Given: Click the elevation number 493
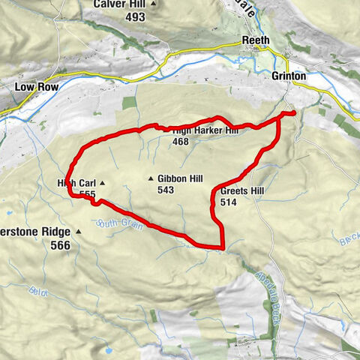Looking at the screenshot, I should pos(135,16).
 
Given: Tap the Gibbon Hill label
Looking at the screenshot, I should pos(181,178).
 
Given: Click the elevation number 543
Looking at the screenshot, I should pos(166,190).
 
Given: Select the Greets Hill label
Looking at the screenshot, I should pos(242,192).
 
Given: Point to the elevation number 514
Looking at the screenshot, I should pos(229,203).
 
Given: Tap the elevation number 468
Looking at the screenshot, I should pos(181,141).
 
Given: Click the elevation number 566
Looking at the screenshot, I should pos(60,245).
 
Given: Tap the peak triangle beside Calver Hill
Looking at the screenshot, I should pos(154,4).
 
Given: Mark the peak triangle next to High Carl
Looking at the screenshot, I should pos(102,183).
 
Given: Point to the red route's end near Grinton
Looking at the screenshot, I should pos(292,113).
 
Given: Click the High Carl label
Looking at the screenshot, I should pos(76,183).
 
